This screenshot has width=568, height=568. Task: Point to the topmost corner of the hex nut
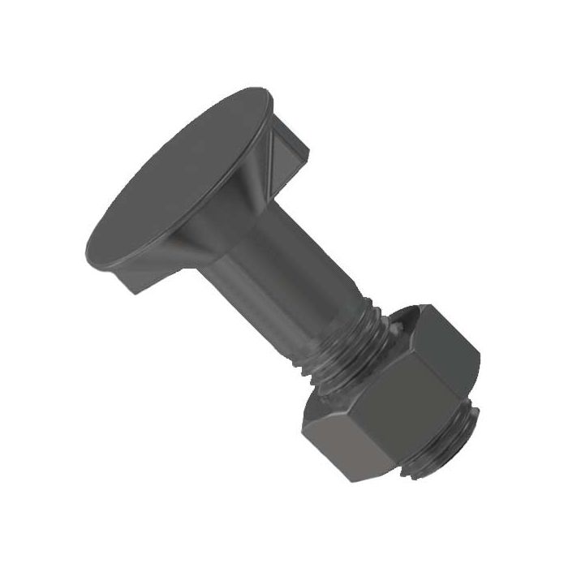point(421,306)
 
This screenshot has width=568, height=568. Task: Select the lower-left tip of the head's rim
point(86,243)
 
